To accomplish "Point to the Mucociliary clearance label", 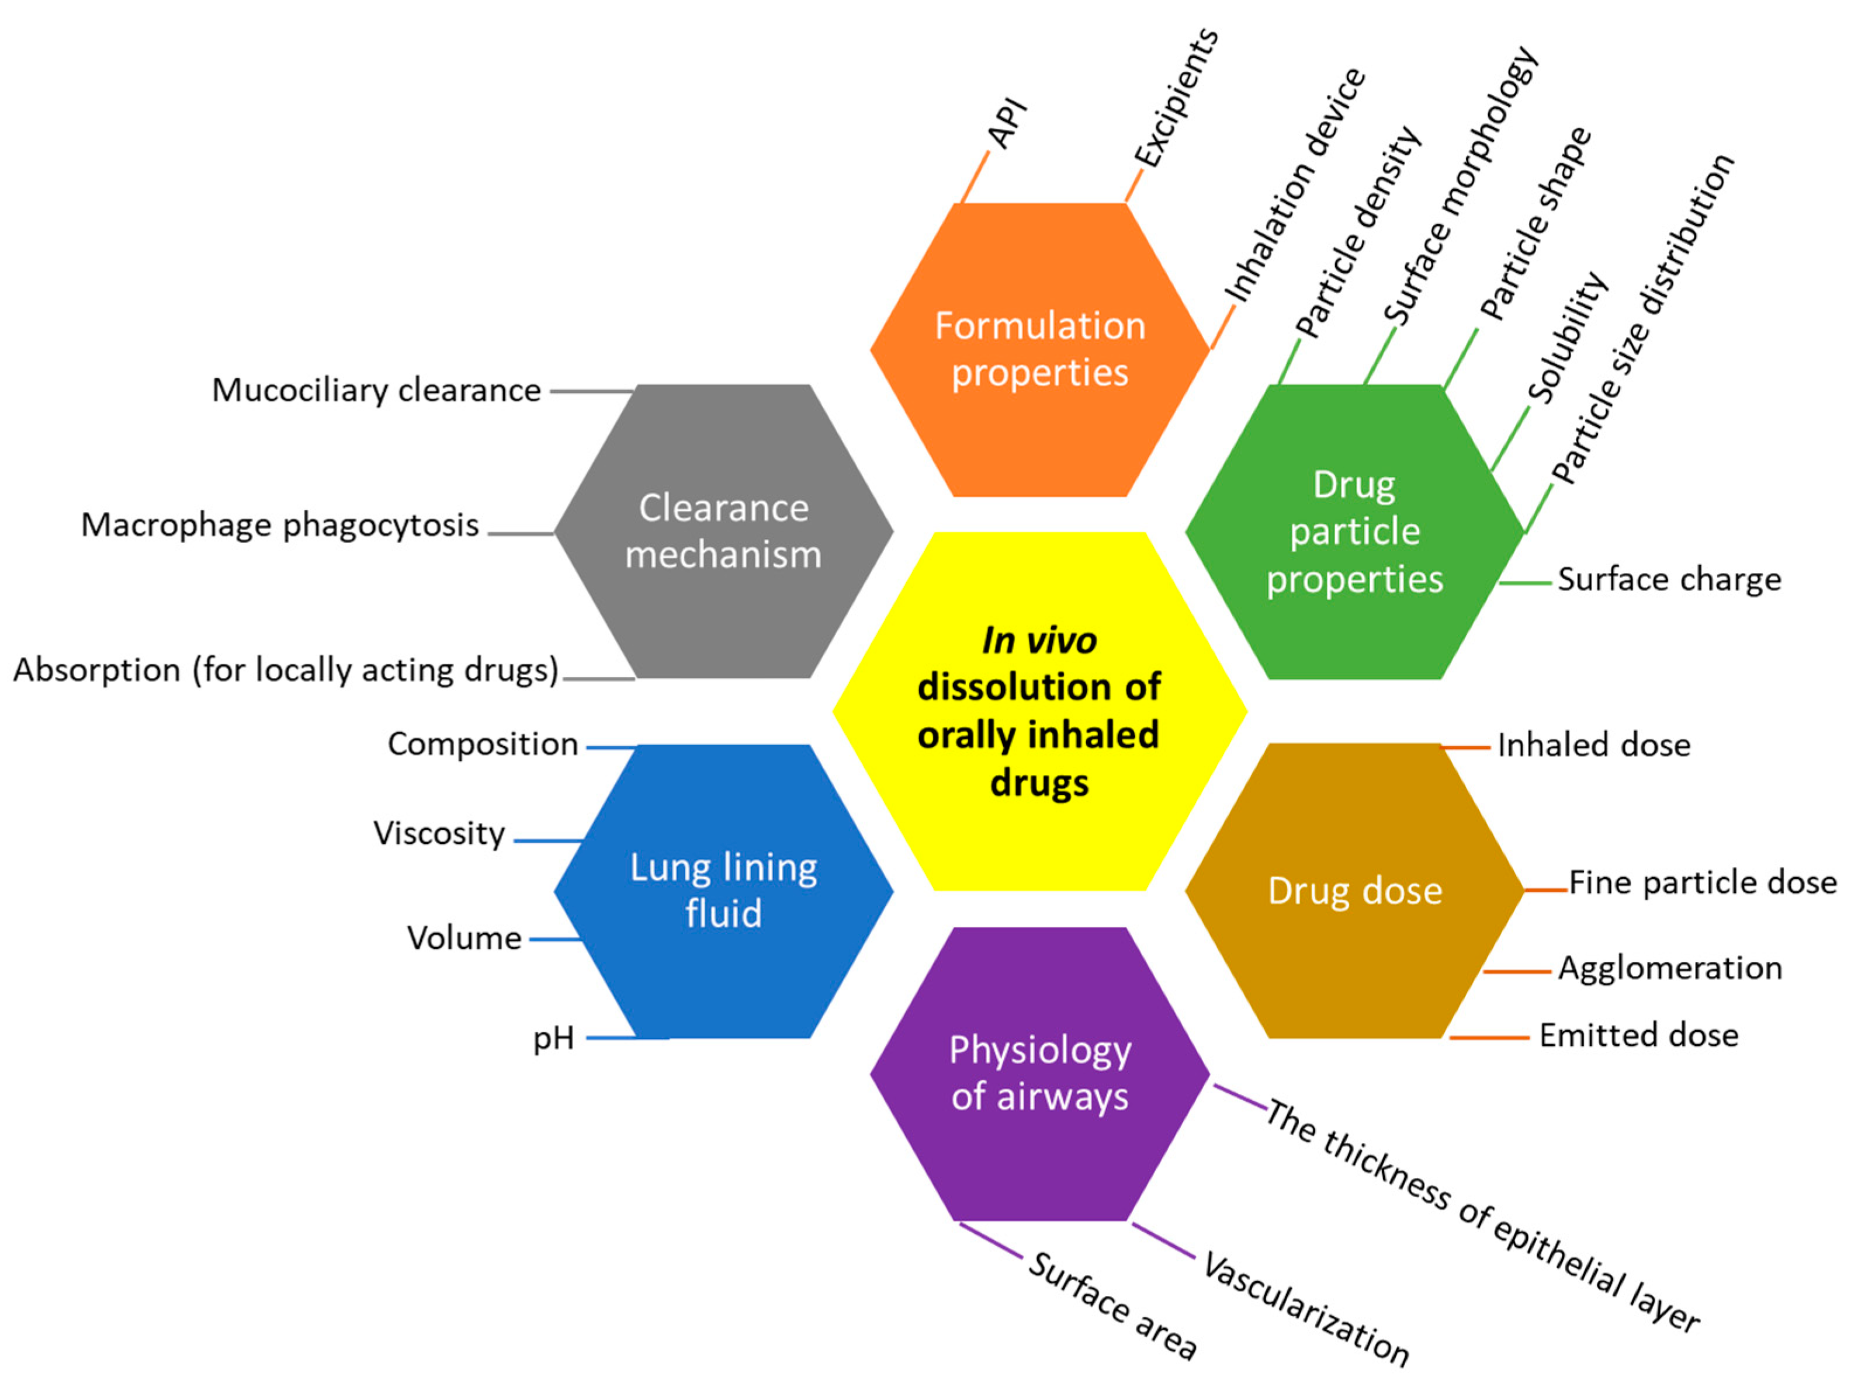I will [x=376, y=391].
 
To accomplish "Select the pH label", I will [x=553, y=1038].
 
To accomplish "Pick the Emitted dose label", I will [x=1638, y=1035].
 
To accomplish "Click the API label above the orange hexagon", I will [x=1007, y=123].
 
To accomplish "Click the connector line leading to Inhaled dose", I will [x=1466, y=747].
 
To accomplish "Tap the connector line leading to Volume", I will [x=555, y=940].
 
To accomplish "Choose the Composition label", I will [x=482, y=743].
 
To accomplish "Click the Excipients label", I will [x=1176, y=98].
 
